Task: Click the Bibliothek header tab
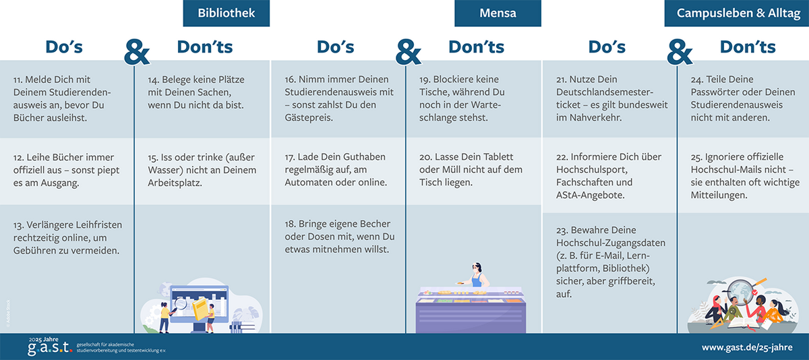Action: [x=226, y=13]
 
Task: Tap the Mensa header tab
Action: [x=498, y=13]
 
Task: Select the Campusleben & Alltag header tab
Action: [x=737, y=13]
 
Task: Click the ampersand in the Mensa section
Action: [x=408, y=52]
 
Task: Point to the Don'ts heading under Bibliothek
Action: [x=205, y=47]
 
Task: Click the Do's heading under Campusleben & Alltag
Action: [x=607, y=47]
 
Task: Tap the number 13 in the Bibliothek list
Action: [x=18, y=225]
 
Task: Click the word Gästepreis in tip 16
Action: [x=308, y=118]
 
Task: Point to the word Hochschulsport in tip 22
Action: [x=592, y=170]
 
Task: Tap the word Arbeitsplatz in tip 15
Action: [x=175, y=183]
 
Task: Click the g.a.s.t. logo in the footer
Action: [x=50, y=347]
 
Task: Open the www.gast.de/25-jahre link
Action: [x=747, y=347]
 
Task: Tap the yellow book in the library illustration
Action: [x=201, y=309]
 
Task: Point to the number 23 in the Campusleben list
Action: [x=562, y=231]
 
